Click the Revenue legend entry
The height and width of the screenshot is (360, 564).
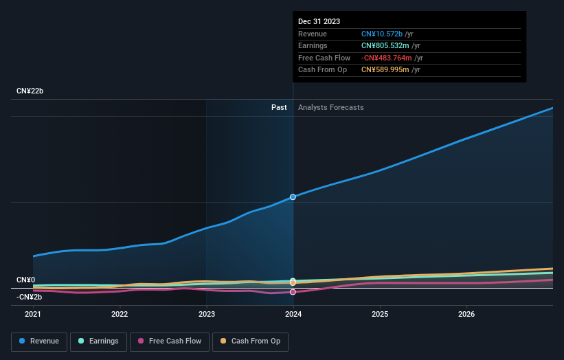[39, 341]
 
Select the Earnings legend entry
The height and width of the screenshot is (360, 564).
[98, 341]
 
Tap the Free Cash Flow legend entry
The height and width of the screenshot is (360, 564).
[170, 341]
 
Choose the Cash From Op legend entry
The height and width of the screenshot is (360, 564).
[251, 341]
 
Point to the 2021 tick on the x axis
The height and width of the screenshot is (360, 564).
[33, 315]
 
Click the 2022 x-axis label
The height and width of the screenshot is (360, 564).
[120, 315]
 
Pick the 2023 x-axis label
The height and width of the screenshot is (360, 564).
[207, 315]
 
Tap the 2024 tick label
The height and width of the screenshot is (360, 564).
[293, 315]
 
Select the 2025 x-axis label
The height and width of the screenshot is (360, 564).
[380, 315]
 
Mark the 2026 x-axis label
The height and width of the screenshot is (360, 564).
[466, 315]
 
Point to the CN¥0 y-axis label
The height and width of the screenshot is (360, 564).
[26, 280]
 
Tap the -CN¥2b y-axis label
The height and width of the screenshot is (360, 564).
[30, 297]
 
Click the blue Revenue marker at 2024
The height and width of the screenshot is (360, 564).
[293, 197]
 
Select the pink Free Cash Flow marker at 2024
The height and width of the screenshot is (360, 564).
[293, 292]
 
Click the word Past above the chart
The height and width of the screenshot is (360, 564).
[279, 107]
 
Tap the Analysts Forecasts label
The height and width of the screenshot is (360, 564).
[330, 107]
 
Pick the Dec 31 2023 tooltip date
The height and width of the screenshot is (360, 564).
[319, 22]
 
